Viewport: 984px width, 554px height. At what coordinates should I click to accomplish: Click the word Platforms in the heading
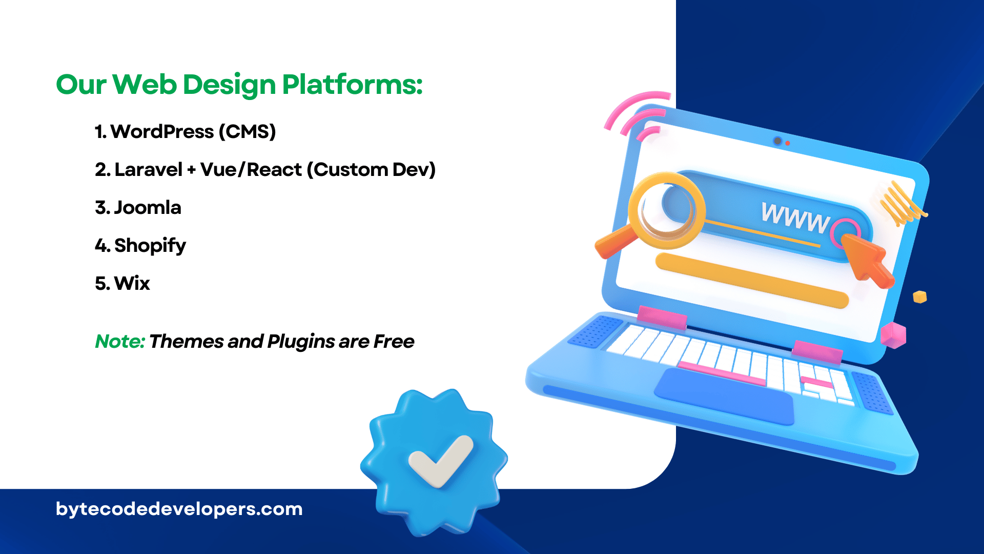(x=352, y=85)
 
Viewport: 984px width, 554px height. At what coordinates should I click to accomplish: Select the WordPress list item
(x=186, y=132)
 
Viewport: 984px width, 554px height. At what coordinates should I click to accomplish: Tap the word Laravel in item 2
(x=148, y=169)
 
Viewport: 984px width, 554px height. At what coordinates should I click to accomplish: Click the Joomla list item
(x=138, y=208)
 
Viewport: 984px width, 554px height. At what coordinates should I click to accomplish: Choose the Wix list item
(x=122, y=283)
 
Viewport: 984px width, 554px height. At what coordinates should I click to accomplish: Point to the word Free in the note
(x=394, y=342)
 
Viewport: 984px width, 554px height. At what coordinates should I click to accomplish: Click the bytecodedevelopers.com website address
(x=179, y=509)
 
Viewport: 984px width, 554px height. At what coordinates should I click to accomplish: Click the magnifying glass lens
(x=667, y=210)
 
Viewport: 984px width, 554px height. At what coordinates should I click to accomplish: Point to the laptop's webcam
(x=777, y=141)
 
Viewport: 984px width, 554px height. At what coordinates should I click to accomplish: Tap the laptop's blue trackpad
(x=724, y=396)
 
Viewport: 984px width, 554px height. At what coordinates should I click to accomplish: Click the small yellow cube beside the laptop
(x=920, y=297)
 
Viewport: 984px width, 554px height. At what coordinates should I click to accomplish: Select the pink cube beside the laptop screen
(x=894, y=335)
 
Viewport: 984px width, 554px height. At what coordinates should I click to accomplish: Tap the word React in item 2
(x=274, y=169)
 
